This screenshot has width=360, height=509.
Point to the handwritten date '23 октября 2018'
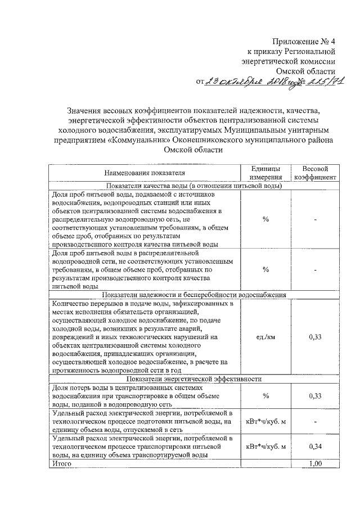click(251, 83)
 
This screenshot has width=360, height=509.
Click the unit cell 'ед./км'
click(265, 336)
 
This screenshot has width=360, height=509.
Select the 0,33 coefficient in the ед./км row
click(315, 336)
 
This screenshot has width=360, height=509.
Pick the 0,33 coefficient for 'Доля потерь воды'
click(315, 396)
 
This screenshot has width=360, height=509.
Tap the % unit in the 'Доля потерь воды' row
click(265, 396)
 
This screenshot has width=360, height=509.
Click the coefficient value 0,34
click(315, 447)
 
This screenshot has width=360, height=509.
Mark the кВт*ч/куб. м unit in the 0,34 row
click(265, 447)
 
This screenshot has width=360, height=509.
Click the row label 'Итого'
click(62, 463)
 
